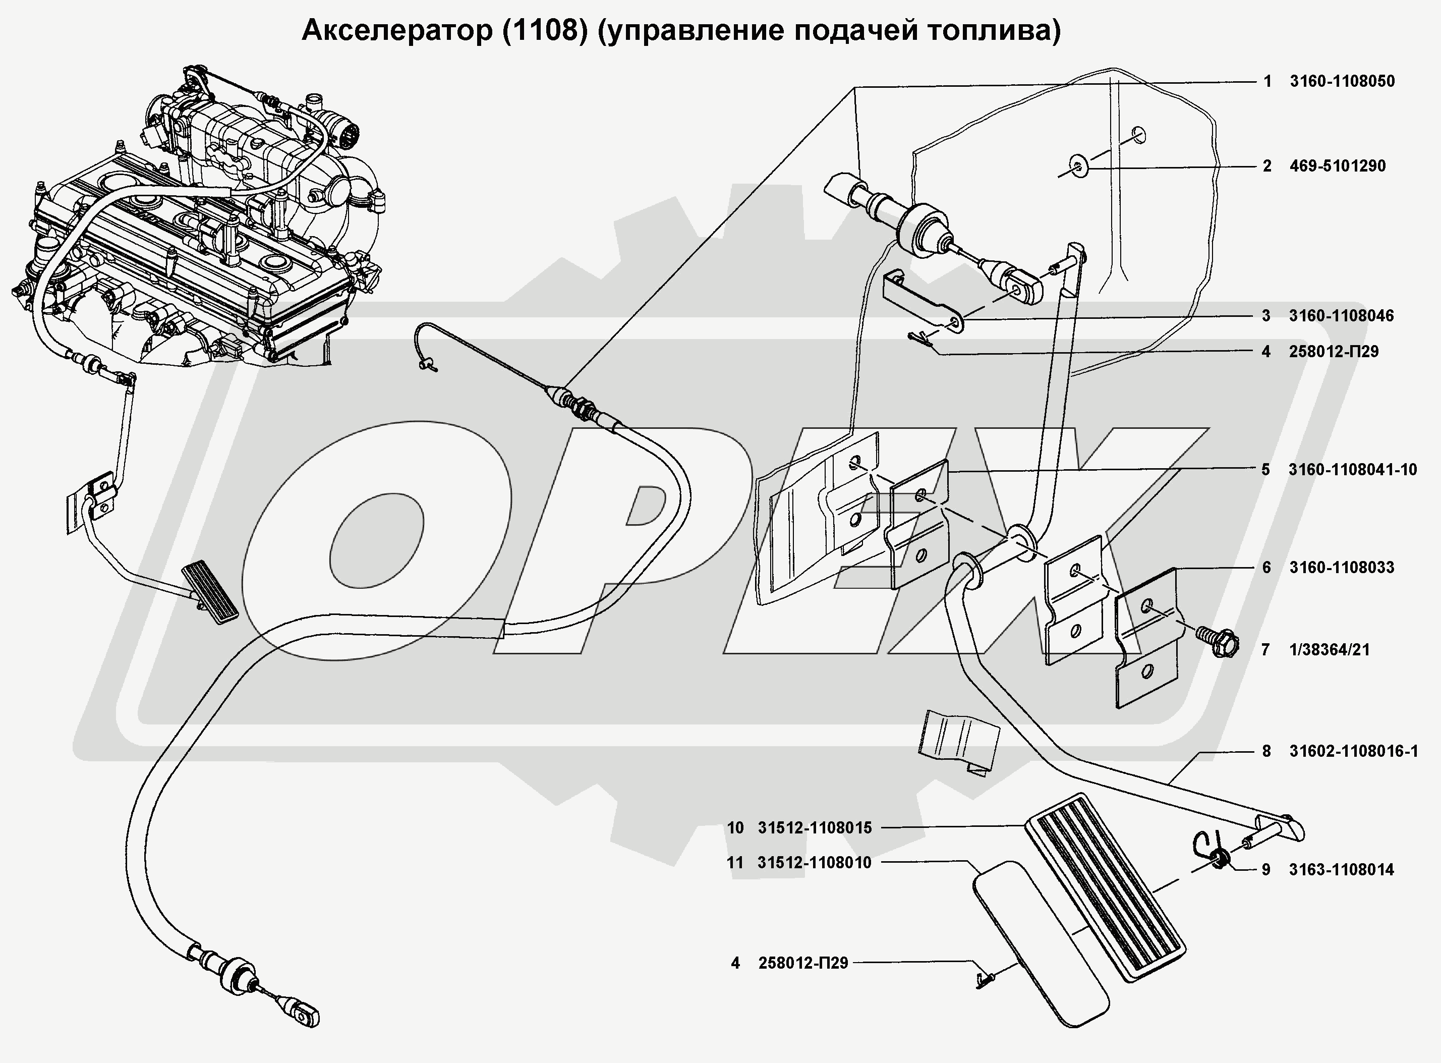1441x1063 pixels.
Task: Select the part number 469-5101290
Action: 1338,166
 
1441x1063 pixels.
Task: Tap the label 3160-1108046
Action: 1341,316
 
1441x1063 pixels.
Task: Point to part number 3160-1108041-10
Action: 1353,470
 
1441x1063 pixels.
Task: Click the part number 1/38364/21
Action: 1329,650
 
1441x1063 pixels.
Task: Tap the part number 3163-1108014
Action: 1341,870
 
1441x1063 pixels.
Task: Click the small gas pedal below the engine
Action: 210,591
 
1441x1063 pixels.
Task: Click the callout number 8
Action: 1266,751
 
